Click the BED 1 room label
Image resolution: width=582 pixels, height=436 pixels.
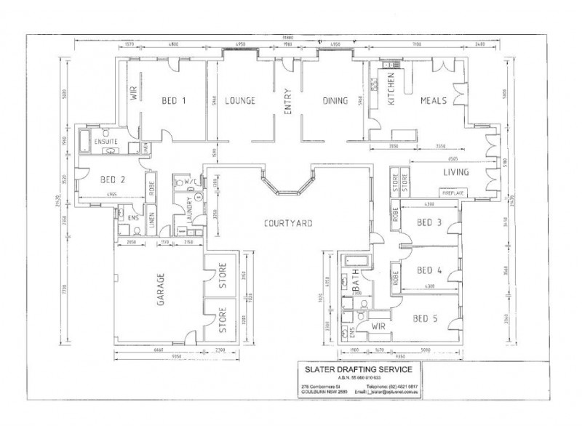pos(173,100)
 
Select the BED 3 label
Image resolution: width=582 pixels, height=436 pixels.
pos(429,222)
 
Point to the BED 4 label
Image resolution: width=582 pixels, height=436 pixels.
pos(429,270)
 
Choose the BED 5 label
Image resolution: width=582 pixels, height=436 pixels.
pos(425,318)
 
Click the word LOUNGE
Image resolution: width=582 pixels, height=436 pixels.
pos(239,100)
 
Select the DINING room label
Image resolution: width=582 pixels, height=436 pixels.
pos(335,100)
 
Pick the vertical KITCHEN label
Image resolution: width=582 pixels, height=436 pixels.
pos(390,89)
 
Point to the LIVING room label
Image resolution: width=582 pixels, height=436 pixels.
pos(456,172)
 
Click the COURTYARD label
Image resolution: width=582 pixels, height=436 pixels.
pos(289,223)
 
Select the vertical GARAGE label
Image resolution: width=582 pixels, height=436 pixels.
pos(161,290)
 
